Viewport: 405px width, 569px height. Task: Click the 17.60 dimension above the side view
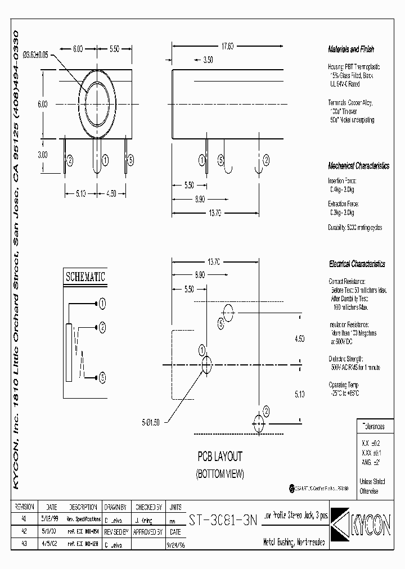pos(227,47)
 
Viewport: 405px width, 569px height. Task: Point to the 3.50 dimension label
pos(207,59)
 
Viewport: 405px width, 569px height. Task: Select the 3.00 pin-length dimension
pos(42,154)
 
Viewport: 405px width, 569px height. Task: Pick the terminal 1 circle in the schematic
pos(102,304)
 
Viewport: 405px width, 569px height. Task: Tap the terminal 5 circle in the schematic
pos(102,377)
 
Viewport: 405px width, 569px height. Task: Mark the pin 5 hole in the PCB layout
pos(228,311)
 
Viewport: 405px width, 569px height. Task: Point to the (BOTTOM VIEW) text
pos(219,474)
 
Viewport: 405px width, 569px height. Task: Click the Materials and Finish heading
pos(351,49)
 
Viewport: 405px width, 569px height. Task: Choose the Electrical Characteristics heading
pos(357,264)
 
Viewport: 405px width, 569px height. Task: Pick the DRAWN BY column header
pos(115,507)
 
